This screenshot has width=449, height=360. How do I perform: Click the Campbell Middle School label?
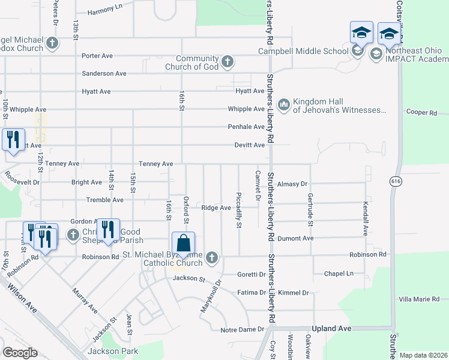pyautogui.click(x=303, y=51)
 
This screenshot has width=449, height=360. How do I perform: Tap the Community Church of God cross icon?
pyautogui.click(x=228, y=61)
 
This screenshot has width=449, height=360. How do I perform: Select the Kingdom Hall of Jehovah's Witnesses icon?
pyautogui.click(x=283, y=105)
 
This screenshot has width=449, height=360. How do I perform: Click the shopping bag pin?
pyautogui.click(x=184, y=245)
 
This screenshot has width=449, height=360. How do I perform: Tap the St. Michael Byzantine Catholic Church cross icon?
pyautogui.click(x=211, y=258)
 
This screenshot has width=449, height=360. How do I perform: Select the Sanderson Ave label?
pyautogui.click(x=104, y=73)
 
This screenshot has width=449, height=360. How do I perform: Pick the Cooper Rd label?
pyautogui.click(x=421, y=112)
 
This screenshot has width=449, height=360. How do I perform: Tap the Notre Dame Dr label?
pyautogui.click(x=243, y=329)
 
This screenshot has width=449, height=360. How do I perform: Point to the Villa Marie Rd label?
pyautogui.click(x=419, y=299)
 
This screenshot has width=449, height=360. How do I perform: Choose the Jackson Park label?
pyautogui.click(x=113, y=351)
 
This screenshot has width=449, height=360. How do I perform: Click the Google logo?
pyautogui.click(x=20, y=353)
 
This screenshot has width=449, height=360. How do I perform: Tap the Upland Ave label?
pyautogui.click(x=328, y=329)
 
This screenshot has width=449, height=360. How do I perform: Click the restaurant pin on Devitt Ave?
pyautogui.click(x=13, y=140)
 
